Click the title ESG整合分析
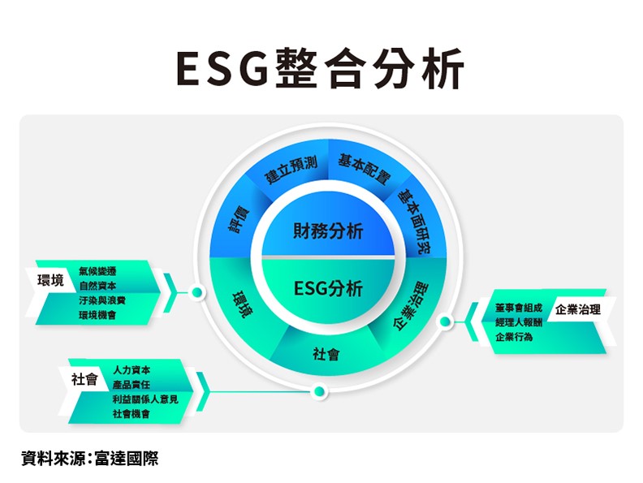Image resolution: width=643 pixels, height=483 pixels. click(x=320, y=68)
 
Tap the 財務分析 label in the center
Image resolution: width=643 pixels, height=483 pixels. click(x=328, y=231)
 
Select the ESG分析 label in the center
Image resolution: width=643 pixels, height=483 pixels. click(x=328, y=288)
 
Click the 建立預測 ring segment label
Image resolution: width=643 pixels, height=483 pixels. click(x=292, y=170)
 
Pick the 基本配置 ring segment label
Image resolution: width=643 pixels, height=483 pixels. click(x=364, y=169)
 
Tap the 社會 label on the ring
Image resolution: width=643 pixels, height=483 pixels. click(x=326, y=354)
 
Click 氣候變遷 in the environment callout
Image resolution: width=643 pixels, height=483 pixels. click(x=97, y=271)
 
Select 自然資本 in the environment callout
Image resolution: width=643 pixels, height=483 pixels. click(x=97, y=286)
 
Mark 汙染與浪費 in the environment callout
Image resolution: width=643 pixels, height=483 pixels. click(x=102, y=300)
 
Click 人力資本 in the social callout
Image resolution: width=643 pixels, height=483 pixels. click(x=132, y=370)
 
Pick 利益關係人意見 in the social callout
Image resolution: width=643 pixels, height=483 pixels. click(x=145, y=399)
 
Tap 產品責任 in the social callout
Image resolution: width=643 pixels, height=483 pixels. click(x=132, y=385)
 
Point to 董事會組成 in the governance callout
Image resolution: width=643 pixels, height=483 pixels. click(x=518, y=308)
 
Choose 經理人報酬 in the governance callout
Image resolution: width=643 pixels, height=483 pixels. click(x=518, y=322)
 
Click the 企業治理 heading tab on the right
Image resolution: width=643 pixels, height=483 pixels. click(x=578, y=309)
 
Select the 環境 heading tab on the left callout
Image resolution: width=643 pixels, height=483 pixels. click(x=51, y=281)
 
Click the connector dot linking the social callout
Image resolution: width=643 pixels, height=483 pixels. click(x=318, y=391)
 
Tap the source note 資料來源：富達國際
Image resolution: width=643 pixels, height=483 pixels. click(x=90, y=459)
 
